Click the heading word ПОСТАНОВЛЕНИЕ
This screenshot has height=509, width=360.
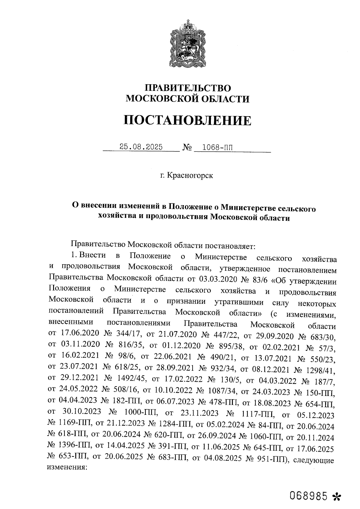click(x=187, y=121)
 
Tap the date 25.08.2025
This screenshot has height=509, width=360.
click(x=141, y=147)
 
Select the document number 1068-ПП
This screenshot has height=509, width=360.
click(x=217, y=147)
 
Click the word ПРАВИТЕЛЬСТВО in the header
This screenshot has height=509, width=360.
click(x=188, y=88)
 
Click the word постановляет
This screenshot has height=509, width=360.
click(x=230, y=246)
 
